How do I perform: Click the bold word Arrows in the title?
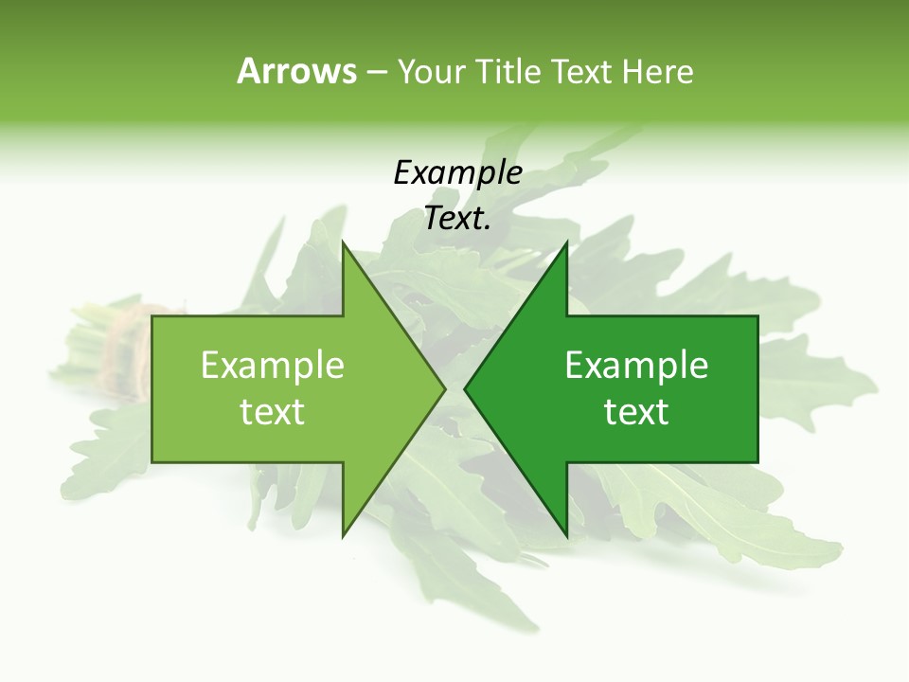pos(296,71)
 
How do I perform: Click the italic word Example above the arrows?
pos(457,173)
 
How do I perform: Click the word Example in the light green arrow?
pos(273,366)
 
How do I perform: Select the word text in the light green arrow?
pos(273,412)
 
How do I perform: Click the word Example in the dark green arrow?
pos(636,366)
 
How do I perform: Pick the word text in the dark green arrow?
pos(636,412)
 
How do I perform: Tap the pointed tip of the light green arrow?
pos(444,388)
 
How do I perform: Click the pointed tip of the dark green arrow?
pos(466,388)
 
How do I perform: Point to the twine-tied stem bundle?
pos(123,350)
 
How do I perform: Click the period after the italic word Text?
pos(488,228)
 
